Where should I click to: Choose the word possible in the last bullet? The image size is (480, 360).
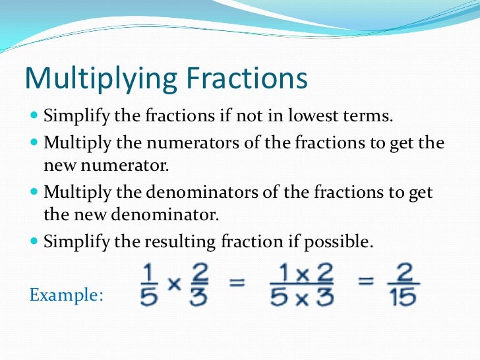tap(342, 242)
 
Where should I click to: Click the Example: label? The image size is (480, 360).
tap(66, 295)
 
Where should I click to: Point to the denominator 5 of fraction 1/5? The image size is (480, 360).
tap(148, 298)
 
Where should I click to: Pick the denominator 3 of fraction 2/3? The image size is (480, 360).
tap(198, 298)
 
